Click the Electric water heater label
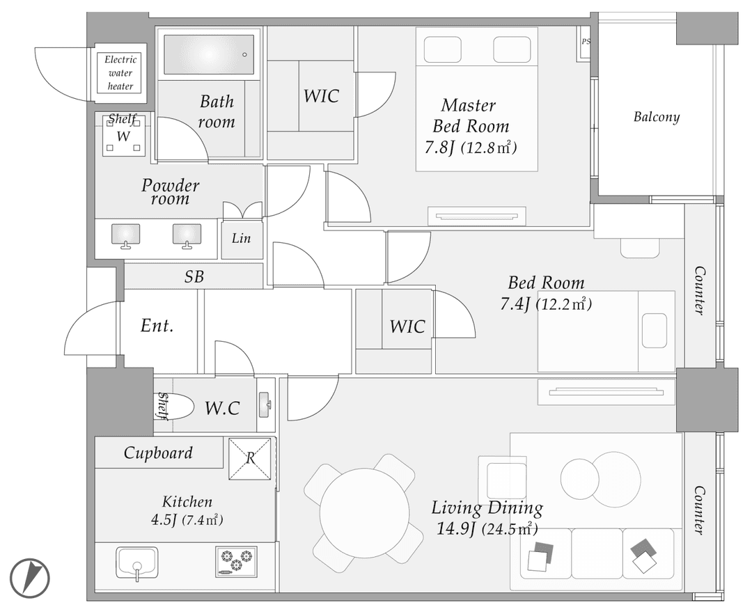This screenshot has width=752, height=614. pyautogui.click(x=120, y=73)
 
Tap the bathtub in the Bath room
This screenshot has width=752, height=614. pyautogui.click(x=209, y=54)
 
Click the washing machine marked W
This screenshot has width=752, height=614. pyautogui.click(x=123, y=136)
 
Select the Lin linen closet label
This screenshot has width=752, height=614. pyautogui.click(x=241, y=238)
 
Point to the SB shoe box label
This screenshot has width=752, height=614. pyautogui.click(x=194, y=276)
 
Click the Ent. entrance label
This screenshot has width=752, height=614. pyautogui.click(x=157, y=326)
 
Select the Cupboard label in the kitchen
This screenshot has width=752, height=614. pyautogui.click(x=158, y=453)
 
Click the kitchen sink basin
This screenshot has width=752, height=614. pyautogui.click(x=137, y=562)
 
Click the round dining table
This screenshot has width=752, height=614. pyautogui.click(x=364, y=513)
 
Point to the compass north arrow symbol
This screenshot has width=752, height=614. pyautogui.click(x=31, y=577)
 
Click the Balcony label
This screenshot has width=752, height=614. pyautogui.click(x=657, y=117)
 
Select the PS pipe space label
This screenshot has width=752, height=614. pyautogui.click(x=586, y=42)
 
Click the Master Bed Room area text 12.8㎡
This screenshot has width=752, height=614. pyautogui.click(x=489, y=148)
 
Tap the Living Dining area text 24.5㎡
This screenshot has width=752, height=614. pyautogui.click(x=509, y=528)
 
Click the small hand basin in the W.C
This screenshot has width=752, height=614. pyautogui.click(x=265, y=404)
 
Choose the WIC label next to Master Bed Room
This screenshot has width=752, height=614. pyautogui.click(x=321, y=96)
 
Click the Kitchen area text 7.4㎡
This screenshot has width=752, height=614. pyautogui.click(x=203, y=519)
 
